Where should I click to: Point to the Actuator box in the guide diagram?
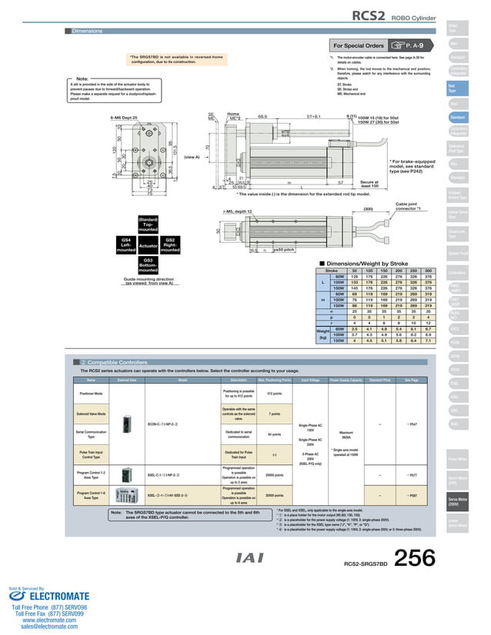point(148,246)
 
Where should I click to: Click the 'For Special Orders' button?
point(359,45)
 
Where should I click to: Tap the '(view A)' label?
point(192,156)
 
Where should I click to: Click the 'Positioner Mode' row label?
point(92,394)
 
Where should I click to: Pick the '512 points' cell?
point(274,394)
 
